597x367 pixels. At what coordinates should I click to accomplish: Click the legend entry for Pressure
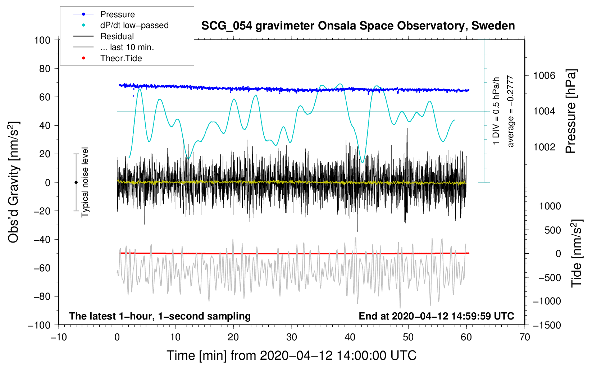(117, 14)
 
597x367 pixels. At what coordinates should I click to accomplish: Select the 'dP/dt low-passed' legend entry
(134, 25)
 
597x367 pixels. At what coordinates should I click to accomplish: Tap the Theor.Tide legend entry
(121, 58)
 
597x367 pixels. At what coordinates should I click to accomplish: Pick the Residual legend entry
(117, 36)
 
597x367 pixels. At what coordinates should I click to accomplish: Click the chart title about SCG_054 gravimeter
(358, 26)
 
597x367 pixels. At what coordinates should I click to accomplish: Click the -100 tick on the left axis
(39, 325)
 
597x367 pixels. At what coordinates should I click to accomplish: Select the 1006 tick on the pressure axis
(544, 76)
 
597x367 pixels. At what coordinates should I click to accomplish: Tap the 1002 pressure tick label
(544, 147)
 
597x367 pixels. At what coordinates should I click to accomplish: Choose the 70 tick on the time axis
(525, 337)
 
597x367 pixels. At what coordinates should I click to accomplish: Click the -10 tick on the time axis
(59, 337)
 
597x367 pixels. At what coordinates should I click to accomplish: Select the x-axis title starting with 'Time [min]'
(291, 355)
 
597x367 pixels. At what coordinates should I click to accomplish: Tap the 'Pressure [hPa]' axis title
(571, 112)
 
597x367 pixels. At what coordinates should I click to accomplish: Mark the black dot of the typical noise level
(76, 182)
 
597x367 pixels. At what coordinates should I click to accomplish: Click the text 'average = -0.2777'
(510, 112)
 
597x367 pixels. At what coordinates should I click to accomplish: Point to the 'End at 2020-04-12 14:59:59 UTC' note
(436, 316)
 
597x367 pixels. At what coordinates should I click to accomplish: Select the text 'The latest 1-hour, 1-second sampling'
(160, 316)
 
